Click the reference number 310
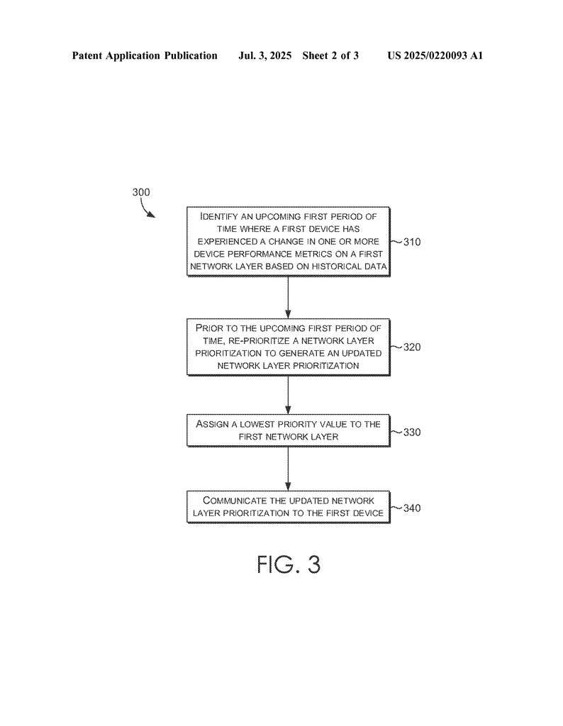[x=411, y=242]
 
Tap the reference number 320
[x=411, y=347]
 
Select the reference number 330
[x=411, y=432]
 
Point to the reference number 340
[x=411, y=508]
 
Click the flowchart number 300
[x=141, y=192]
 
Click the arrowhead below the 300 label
[x=152, y=215]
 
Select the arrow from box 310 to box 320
[x=288, y=298]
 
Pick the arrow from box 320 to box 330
[x=288, y=395]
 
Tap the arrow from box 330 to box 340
[x=288, y=469]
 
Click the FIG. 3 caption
[x=289, y=564]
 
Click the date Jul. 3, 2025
[x=264, y=55]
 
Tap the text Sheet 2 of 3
[x=330, y=55]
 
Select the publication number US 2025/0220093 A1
[x=435, y=55]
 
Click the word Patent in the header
[x=87, y=55]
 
